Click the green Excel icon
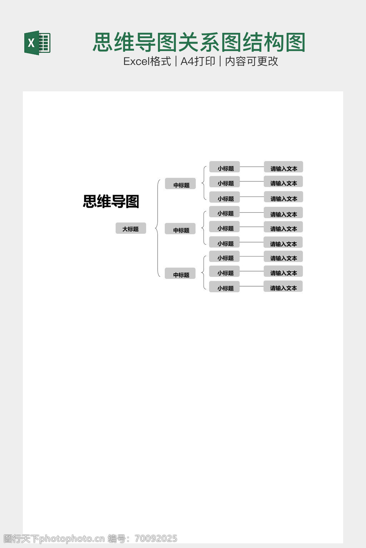coord(37,43)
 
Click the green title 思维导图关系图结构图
coord(199,42)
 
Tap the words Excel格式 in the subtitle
coord(147,61)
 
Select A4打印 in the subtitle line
coord(198,61)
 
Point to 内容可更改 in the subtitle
coord(252,61)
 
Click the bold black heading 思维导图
coord(111,201)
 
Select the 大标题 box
coord(131,228)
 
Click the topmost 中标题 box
coord(180,183)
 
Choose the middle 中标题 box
coord(180,228)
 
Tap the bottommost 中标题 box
coord(180,273)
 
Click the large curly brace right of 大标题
coord(157,228)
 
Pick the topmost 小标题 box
coord(224,167)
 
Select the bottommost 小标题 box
coord(224,286)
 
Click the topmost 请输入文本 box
coord(283,167)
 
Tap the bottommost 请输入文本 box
coord(283,286)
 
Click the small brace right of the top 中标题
coord(203,183)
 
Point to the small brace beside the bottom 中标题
coord(203,272)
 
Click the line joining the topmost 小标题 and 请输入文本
coord(252,167)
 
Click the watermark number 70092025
coord(156,538)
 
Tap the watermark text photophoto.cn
coord(72,538)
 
